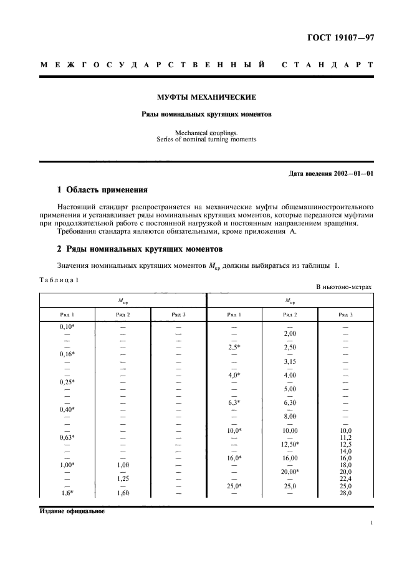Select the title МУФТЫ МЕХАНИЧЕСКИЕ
point(206,97)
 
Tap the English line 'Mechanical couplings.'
point(206,133)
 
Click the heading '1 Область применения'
point(102,189)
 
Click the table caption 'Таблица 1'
point(59,280)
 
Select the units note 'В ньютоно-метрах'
point(343,287)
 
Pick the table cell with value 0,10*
point(67,326)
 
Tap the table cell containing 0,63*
point(67,437)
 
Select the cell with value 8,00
point(289,416)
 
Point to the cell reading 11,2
point(346,437)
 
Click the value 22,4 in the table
point(346,478)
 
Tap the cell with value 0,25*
point(67,381)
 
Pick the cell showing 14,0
point(346,451)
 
